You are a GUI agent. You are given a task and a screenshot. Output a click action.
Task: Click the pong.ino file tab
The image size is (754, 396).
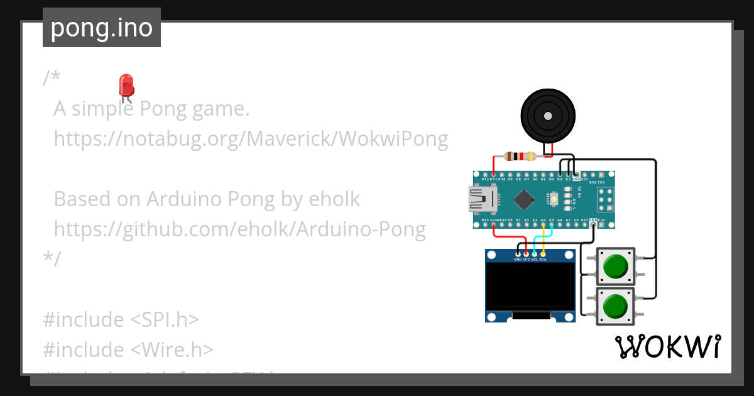[x=101, y=28]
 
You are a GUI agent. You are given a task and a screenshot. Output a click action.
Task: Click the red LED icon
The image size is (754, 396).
[x=126, y=86]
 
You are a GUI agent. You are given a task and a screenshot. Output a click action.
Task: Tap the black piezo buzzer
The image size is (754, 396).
[x=548, y=116]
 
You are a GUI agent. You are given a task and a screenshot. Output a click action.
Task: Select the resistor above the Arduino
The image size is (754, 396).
[x=520, y=157]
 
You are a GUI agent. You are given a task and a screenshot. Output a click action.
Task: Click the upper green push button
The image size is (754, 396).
[x=615, y=268]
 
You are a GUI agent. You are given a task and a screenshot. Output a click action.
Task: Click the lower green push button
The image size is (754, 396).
[x=615, y=307]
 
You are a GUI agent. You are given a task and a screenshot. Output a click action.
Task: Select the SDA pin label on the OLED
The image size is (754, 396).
[x=542, y=259]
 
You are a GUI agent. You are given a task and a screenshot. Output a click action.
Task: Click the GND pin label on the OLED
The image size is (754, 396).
[x=518, y=259]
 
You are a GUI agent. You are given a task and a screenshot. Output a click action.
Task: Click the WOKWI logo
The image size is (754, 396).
[x=667, y=346]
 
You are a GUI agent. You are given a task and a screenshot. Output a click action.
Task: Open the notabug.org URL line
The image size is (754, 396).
[x=251, y=138]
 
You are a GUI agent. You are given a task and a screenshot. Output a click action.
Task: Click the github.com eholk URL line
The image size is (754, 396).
[x=239, y=229]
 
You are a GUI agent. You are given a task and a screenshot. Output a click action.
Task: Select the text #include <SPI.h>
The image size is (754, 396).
[x=121, y=319]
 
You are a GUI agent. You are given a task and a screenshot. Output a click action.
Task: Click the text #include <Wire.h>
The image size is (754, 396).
[x=128, y=349]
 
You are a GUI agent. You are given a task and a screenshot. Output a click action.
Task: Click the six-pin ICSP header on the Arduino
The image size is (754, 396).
[x=604, y=200]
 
